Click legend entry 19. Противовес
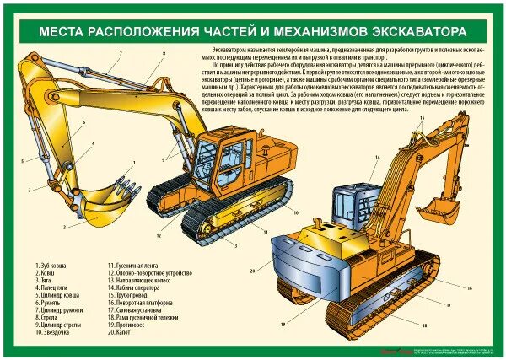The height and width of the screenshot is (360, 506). (131, 325)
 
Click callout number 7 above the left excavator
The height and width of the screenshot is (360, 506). (119, 53)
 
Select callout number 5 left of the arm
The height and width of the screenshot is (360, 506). (23, 159)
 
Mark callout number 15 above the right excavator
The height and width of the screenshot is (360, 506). (420, 119)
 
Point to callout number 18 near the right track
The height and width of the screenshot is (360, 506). (424, 324)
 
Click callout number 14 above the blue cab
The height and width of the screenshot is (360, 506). (379, 158)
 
